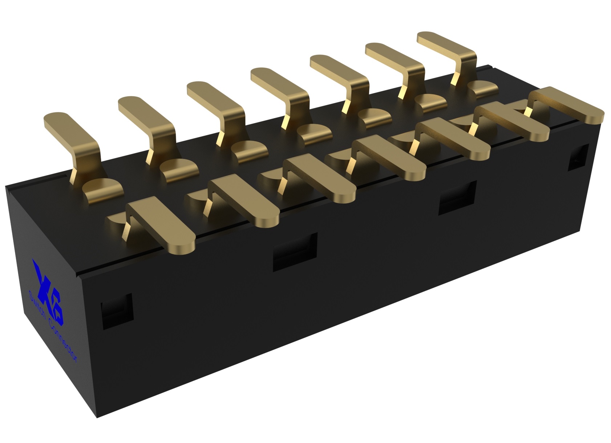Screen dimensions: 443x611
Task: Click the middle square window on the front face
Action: tap(295, 251)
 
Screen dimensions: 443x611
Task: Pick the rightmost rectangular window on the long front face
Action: tap(457, 197)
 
